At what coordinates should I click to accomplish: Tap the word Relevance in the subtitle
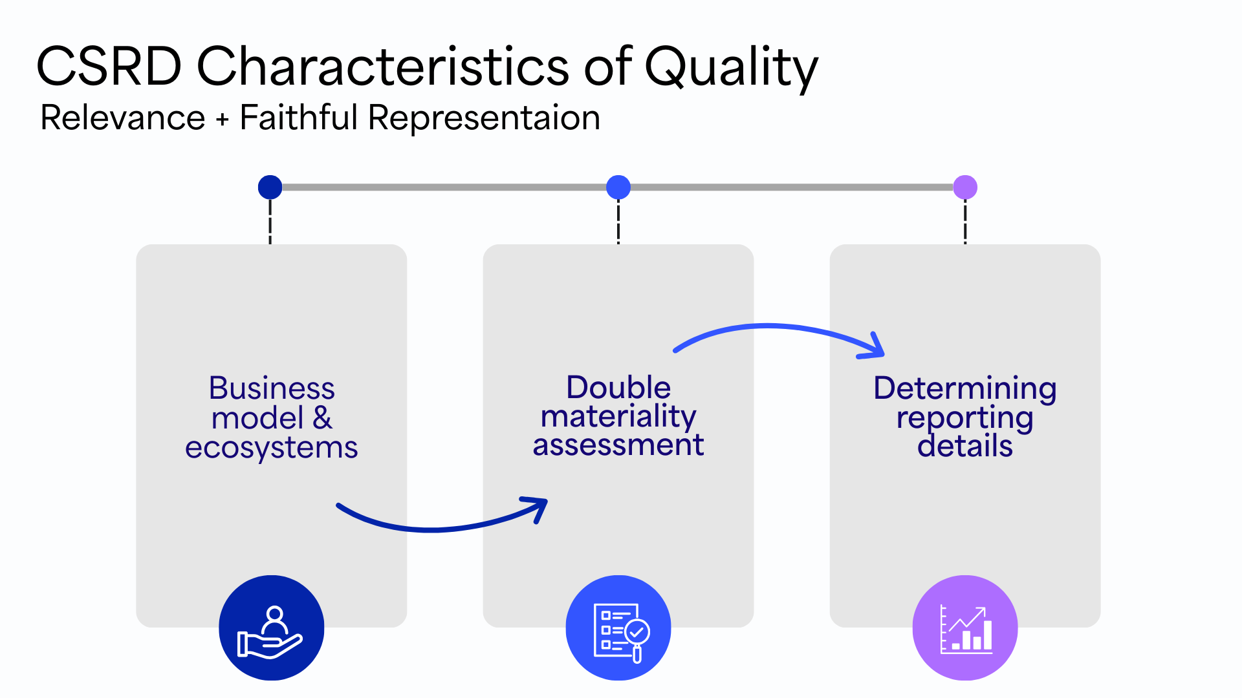(x=123, y=118)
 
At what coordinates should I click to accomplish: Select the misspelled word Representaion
(x=484, y=118)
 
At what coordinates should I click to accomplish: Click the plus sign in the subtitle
(x=223, y=120)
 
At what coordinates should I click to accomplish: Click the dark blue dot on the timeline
(x=270, y=187)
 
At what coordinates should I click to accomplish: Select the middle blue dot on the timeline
(x=618, y=187)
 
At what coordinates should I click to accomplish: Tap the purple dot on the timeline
(x=965, y=187)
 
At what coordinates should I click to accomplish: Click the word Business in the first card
(x=272, y=388)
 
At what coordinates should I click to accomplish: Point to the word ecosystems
(x=272, y=447)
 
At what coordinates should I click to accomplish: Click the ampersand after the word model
(x=322, y=418)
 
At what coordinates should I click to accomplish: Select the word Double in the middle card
(x=618, y=388)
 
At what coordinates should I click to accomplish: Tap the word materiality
(x=618, y=417)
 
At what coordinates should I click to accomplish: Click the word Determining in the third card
(x=964, y=388)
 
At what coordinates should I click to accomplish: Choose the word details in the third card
(x=964, y=446)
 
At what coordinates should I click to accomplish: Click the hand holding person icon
(x=271, y=628)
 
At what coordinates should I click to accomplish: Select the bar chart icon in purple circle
(x=965, y=628)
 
